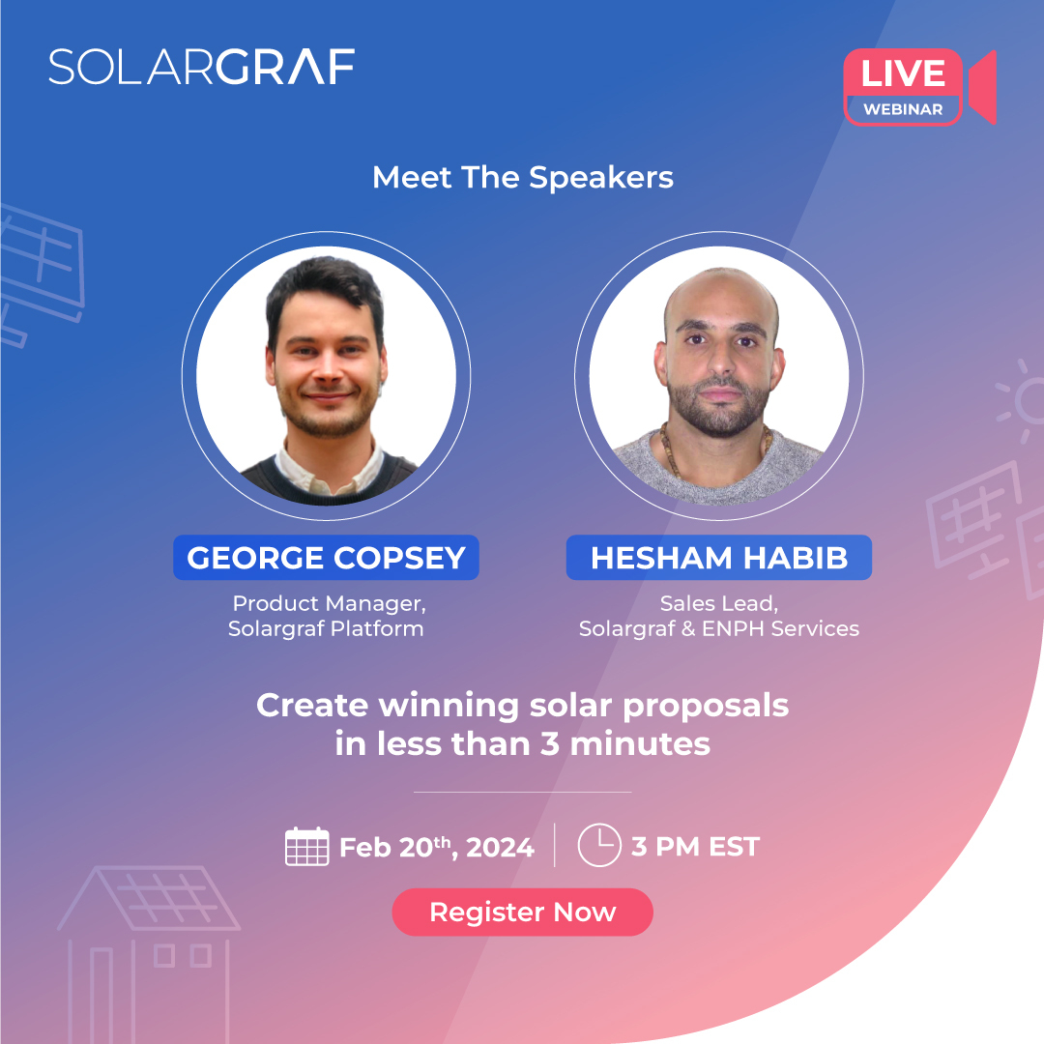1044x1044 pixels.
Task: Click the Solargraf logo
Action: coord(201,67)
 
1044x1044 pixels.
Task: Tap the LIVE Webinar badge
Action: coord(903,87)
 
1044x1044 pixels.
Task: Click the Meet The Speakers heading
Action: coord(522,178)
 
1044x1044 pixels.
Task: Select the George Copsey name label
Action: coord(326,558)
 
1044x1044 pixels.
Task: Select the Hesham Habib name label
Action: coord(718,558)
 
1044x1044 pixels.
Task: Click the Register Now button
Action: coord(522,912)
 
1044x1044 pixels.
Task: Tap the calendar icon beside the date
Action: coord(307,847)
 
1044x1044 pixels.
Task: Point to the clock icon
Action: coord(598,846)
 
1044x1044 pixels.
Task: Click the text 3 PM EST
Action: coord(695,848)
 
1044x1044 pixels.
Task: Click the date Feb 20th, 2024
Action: coord(436,848)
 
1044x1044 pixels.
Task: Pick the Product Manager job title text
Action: coord(329,604)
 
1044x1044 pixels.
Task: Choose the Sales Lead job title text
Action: coord(718,604)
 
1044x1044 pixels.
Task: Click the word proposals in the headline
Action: coord(707,707)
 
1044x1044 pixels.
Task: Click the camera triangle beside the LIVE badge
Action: coord(982,88)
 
